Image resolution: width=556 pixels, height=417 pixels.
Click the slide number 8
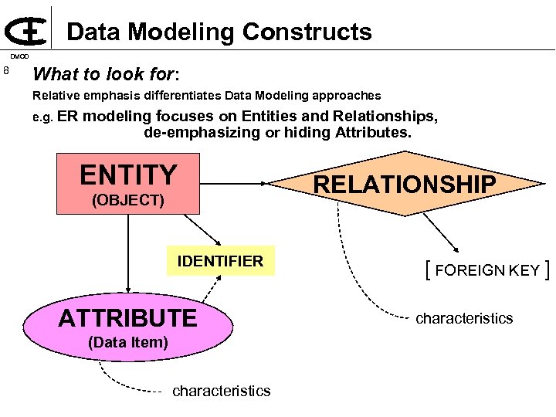[x=7, y=72]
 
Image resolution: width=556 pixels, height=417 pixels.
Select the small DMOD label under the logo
[x=19, y=56]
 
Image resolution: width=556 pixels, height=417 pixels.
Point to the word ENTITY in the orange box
[x=128, y=175]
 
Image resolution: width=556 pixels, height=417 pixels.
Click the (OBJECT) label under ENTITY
[x=128, y=201]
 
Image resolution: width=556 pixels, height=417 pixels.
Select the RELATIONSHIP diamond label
[x=404, y=185]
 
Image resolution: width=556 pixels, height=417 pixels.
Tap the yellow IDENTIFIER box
[x=220, y=261]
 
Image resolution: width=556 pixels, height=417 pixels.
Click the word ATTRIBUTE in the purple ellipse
[x=128, y=317]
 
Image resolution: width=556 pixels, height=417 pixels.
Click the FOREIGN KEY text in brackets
[x=487, y=270]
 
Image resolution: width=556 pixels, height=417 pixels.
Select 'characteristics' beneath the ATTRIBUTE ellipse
[x=222, y=391]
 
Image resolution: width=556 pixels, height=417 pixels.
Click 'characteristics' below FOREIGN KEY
[x=464, y=318]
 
